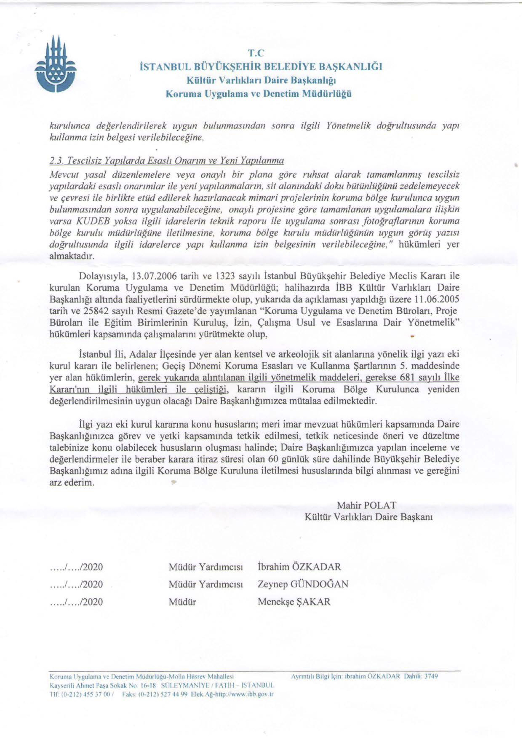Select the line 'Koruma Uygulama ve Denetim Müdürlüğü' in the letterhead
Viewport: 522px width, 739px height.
[x=258, y=94]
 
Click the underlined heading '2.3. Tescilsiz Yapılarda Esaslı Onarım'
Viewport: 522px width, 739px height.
[x=166, y=160]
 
